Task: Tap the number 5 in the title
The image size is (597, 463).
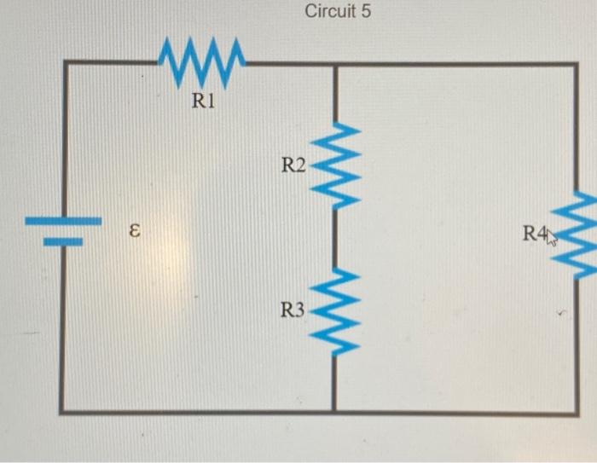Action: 366,13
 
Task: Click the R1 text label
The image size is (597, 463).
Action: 205,102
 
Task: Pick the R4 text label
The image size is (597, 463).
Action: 536,234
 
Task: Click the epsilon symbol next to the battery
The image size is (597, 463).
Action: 133,231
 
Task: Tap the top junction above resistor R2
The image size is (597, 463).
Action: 333,63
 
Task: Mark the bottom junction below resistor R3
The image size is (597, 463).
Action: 333,413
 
